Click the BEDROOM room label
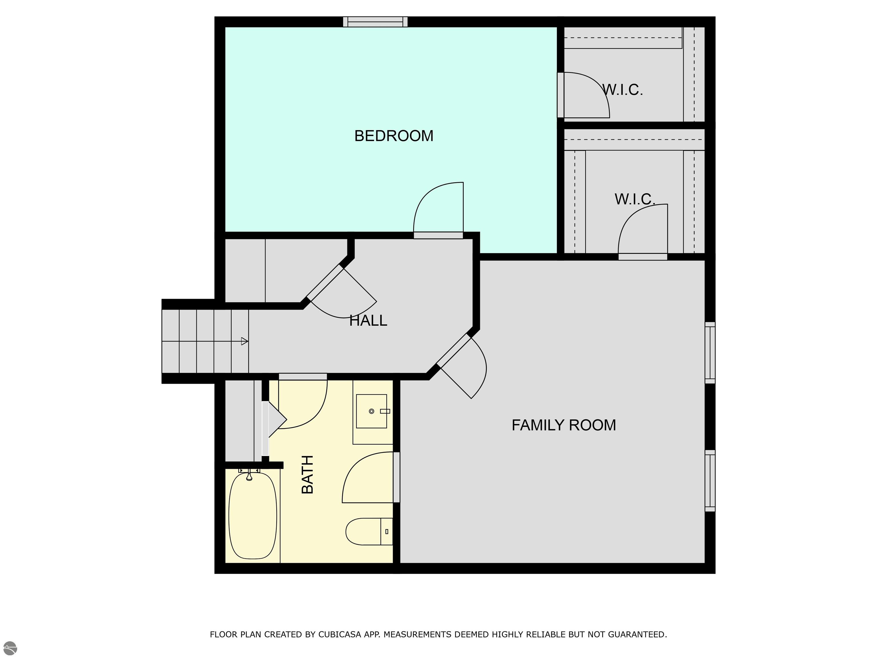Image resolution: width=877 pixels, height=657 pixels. (x=394, y=136)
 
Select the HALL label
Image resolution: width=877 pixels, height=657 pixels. (x=368, y=321)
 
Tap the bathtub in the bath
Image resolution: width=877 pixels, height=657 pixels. (x=253, y=515)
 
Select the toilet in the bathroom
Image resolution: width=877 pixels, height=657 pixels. (x=369, y=532)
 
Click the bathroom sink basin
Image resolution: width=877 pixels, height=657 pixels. (x=371, y=411)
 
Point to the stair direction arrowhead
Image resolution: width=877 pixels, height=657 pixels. (x=245, y=341)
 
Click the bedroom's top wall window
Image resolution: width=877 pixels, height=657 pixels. (x=375, y=22)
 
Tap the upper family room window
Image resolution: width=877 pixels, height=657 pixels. (x=710, y=352)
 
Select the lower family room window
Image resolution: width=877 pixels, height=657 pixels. (x=710, y=480)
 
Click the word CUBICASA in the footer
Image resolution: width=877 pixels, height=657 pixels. (x=340, y=634)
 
